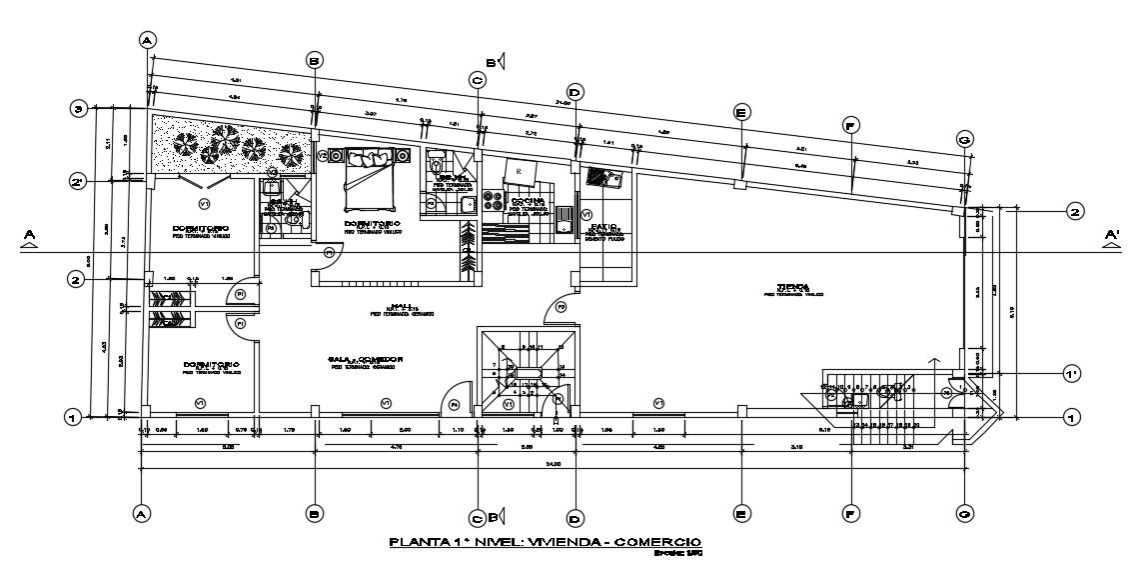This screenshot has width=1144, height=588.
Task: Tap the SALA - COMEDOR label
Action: (x=365, y=358)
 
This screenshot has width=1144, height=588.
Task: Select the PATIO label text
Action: (x=604, y=229)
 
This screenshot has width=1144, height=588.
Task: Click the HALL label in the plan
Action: (x=403, y=307)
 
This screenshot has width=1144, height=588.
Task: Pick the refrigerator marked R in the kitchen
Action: (x=521, y=172)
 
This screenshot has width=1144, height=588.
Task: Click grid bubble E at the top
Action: (x=740, y=113)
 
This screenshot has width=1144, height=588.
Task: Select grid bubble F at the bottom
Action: (x=851, y=514)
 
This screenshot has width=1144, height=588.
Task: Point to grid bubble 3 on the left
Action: (x=77, y=109)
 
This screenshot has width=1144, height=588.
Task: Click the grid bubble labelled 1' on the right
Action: (x=1071, y=374)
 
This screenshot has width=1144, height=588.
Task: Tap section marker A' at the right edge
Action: (x=1111, y=237)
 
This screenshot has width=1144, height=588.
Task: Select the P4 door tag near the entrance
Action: (x=453, y=404)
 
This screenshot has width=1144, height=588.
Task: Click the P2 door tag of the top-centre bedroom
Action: (x=329, y=253)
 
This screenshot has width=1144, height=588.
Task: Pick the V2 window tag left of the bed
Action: (x=323, y=157)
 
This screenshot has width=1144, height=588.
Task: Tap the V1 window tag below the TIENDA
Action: (x=658, y=402)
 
